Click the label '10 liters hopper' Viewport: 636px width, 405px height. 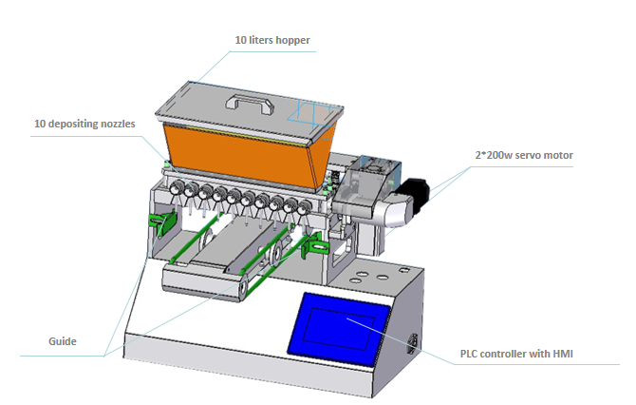[x=272, y=40]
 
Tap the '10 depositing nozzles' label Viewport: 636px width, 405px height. [x=84, y=124]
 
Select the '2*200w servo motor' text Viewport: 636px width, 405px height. [x=524, y=155]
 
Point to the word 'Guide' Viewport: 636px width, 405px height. [x=63, y=341]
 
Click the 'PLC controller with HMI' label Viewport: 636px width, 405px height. [x=516, y=354]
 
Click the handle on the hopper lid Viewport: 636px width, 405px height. [x=250, y=104]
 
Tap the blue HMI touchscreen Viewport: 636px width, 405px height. [x=339, y=327]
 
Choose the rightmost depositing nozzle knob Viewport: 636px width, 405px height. [x=303, y=209]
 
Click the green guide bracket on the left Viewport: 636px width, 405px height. [x=163, y=222]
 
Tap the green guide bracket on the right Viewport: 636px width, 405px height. [x=314, y=245]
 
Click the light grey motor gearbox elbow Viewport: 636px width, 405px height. [x=391, y=209]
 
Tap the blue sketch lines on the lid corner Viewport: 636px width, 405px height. [x=311, y=115]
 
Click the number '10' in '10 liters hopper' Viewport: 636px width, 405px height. [x=240, y=40]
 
